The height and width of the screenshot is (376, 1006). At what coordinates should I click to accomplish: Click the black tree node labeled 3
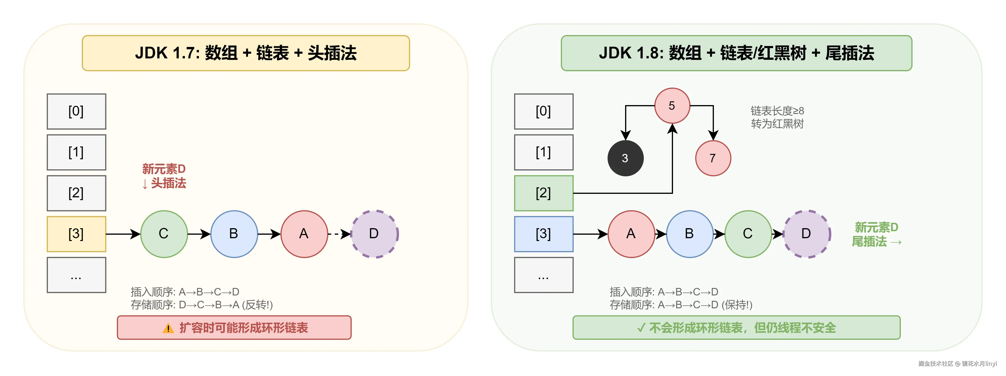[625, 158]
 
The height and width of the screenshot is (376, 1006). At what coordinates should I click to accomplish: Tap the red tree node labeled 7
[713, 158]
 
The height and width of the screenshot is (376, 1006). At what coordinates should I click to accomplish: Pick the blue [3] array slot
[544, 234]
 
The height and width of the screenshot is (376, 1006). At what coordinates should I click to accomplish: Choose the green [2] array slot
[544, 193]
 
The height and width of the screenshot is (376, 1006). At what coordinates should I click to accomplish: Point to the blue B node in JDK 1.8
[690, 234]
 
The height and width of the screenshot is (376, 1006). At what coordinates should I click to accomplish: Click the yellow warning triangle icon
[168, 328]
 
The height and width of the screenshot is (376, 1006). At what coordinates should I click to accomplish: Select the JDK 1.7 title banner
[246, 53]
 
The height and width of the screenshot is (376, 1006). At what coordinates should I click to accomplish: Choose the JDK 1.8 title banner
[736, 53]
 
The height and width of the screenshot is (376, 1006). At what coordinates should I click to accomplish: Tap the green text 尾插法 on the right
[869, 242]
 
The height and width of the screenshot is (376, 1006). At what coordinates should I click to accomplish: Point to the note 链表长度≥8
[777, 111]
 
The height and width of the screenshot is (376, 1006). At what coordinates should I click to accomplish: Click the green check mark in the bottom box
[641, 328]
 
